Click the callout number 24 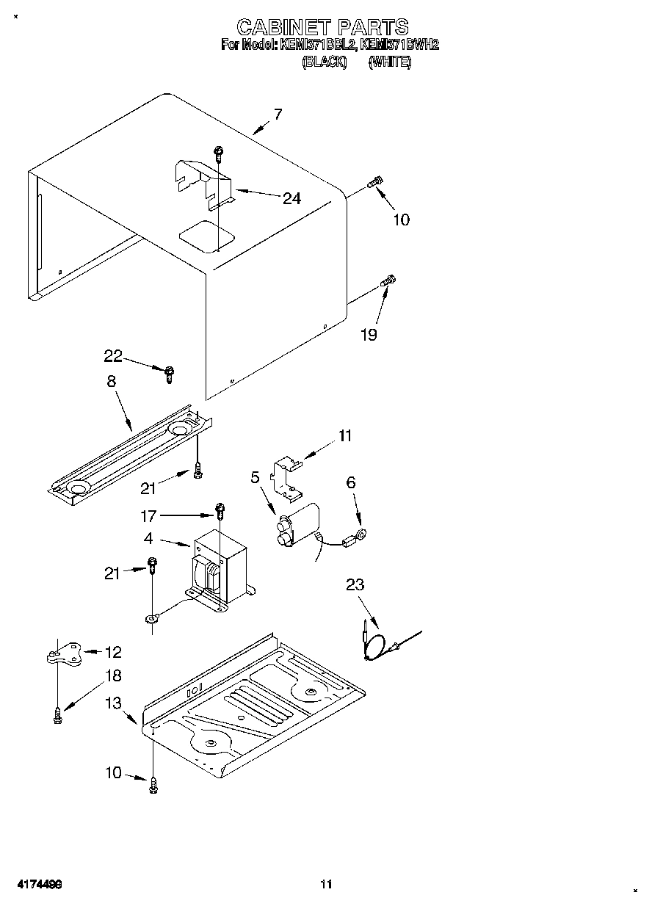tap(291, 197)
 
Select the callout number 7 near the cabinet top tap(278, 114)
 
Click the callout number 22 tap(113, 356)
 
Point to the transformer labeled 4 tap(219, 567)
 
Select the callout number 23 tap(355, 584)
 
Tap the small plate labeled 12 tap(65, 652)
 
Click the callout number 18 tap(113, 675)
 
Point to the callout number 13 tap(113, 703)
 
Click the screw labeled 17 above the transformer tap(220, 508)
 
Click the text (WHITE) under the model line tap(390, 62)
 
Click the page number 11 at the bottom tap(327, 884)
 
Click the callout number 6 tap(351, 482)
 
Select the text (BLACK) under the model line tap(324, 62)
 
